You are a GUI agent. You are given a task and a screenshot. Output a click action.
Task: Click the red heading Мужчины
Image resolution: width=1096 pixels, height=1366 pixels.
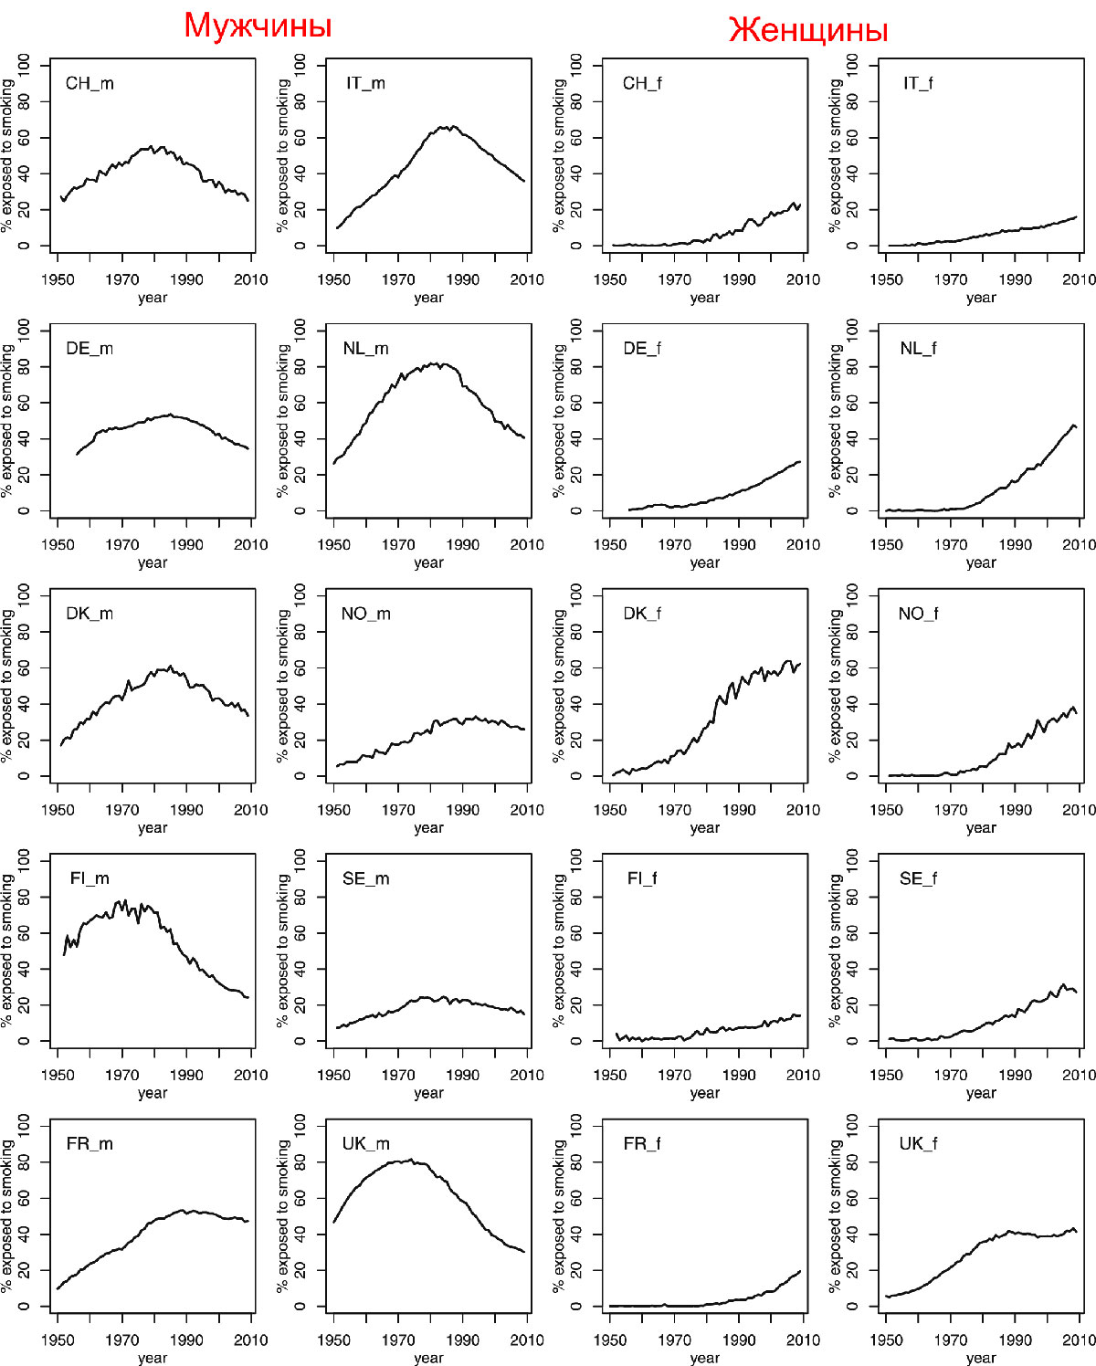click(x=258, y=26)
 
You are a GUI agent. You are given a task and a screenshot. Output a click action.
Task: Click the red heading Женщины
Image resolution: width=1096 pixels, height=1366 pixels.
click(x=808, y=30)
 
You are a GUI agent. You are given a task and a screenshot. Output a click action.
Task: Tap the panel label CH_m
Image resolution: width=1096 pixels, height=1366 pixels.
click(x=90, y=83)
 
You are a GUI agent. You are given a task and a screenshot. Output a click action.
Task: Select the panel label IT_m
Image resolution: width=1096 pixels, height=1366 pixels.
click(x=365, y=83)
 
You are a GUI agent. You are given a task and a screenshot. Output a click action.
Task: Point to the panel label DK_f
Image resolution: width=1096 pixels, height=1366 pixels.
click(x=642, y=614)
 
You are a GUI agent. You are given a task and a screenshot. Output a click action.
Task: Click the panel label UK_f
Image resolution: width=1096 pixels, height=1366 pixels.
click(x=918, y=1143)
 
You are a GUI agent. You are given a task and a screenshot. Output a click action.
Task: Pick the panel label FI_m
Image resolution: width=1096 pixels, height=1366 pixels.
click(x=90, y=878)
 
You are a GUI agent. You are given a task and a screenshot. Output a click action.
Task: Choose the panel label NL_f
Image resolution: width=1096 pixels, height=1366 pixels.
click(x=918, y=348)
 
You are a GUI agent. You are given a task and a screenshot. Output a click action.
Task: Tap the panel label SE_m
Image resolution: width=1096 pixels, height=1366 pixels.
click(x=365, y=878)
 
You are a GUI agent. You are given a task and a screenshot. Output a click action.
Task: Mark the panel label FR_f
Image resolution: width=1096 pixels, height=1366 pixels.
click(x=642, y=1143)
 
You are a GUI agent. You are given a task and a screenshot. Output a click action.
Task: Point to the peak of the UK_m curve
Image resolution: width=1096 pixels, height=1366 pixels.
click(x=411, y=1160)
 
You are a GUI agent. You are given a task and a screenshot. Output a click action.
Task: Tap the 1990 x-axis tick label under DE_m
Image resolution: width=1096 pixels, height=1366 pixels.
click(x=186, y=545)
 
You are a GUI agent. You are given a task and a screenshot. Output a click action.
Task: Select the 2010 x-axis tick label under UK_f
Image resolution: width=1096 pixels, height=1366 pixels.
click(x=1079, y=1340)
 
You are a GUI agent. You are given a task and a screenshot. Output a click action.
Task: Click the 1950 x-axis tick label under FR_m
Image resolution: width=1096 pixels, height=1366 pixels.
click(x=58, y=1340)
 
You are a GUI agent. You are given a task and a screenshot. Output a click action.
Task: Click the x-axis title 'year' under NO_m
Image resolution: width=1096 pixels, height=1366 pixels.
click(x=428, y=828)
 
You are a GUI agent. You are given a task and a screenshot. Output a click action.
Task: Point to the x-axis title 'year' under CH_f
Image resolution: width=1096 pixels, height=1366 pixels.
click(x=704, y=298)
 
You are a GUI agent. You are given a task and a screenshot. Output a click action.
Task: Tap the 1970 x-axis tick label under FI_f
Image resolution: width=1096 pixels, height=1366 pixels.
click(x=674, y=1075)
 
